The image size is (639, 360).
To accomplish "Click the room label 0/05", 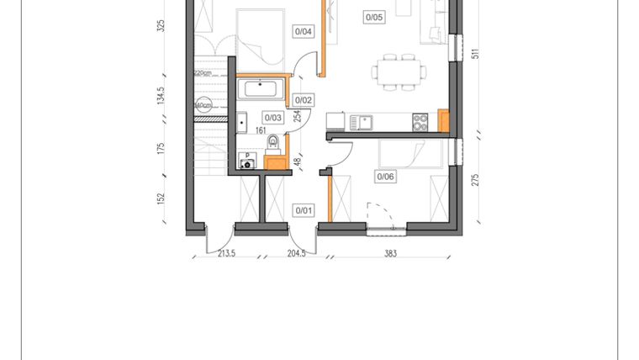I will pyautogui.click(x=375, y=16).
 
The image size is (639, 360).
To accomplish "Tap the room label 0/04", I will pyautogui.click(x=304, y=32).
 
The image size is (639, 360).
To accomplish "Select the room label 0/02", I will pyautogui.click(x=304, y=100).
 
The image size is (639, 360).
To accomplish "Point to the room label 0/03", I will pyautogui.click(x=273, y=119).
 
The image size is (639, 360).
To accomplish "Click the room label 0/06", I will pyautogui.click(x=385, y=177).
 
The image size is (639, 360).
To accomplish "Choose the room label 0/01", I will pyautogui.click(x=303, y=209).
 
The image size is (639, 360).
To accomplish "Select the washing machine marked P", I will pyautogui.click(x=247, y=160).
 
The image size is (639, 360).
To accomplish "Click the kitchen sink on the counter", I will pyautogui.click(x=363, y=123).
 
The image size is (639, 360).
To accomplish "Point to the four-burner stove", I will pyautogui.click(x=420, y=123).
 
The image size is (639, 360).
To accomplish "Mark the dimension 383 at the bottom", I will pyautogui.click(x=390, y=253).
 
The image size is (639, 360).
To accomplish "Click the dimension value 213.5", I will pyautogui.click(x=226, y=253).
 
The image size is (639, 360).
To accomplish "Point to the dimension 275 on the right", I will pyautogui.click(x=475, y=179).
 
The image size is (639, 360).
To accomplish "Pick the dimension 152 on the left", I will pyautogui.click(x=161, y=199).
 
